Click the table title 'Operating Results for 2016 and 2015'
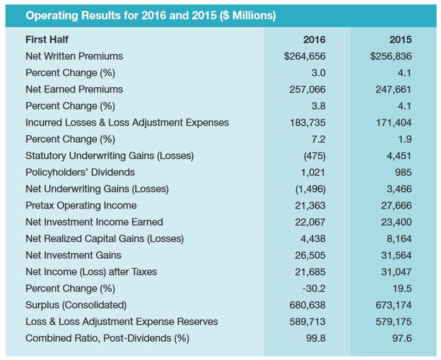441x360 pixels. [x=150, y=15]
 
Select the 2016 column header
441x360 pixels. [x=314, y=40]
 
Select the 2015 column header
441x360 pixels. [x=400, y=40]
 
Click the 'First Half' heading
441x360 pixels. [x=47, y=40]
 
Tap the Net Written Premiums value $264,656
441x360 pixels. [x=305, y=56]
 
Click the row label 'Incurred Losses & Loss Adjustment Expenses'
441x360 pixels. [x=127, y=123]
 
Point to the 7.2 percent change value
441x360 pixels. [x=318, y=139]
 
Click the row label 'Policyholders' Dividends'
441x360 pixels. [x=80, y=173]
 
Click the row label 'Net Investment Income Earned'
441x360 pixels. [x=95, y=222]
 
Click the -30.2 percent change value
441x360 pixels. [x=315, y=289]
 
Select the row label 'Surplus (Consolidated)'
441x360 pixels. [x=76, y=305]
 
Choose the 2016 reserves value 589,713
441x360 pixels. [x=307, y=322]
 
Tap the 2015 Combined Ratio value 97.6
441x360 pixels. [x=402, y=338]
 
